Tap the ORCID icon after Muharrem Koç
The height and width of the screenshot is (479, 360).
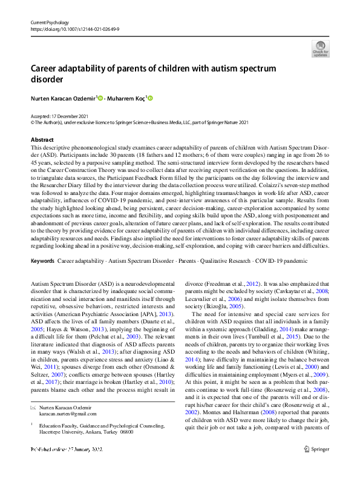click(151, 97)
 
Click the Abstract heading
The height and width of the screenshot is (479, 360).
click(42, 139)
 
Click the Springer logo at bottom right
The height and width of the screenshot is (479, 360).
click(315, 465)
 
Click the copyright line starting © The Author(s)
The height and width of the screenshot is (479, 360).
click(140, 122)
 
